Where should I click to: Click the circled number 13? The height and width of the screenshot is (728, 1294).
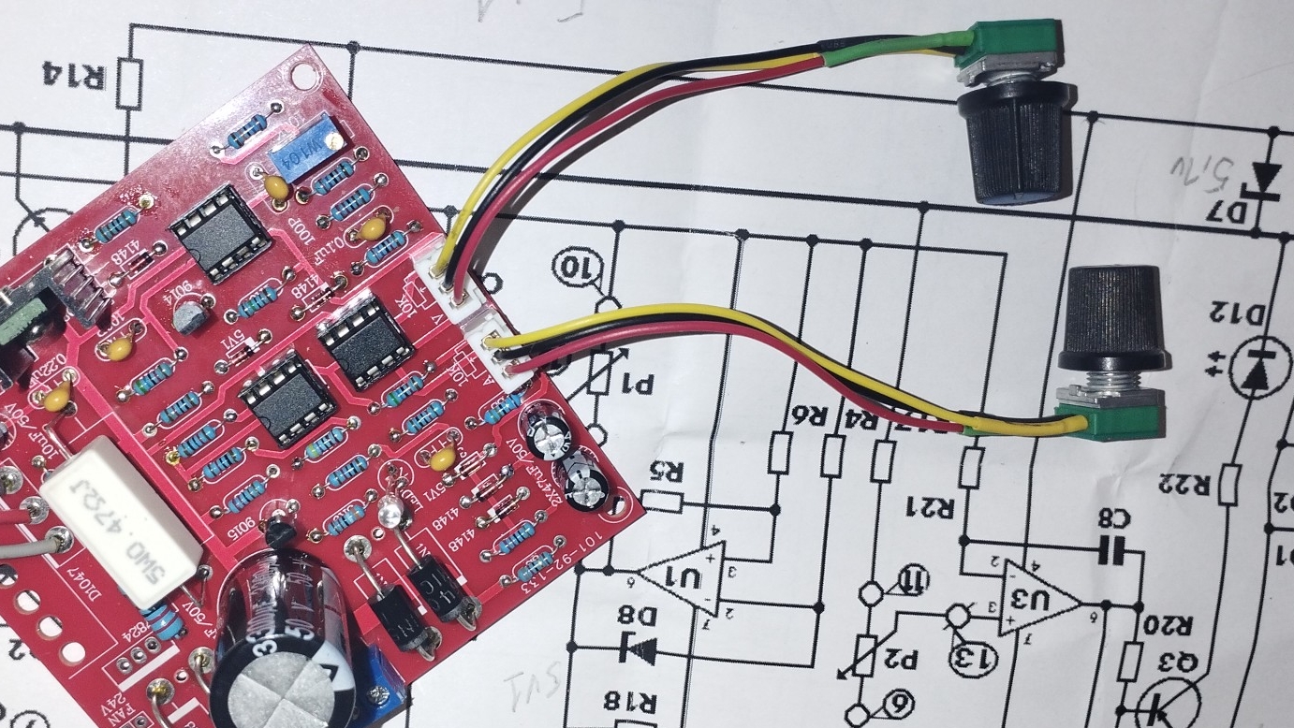tap(970, 656)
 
